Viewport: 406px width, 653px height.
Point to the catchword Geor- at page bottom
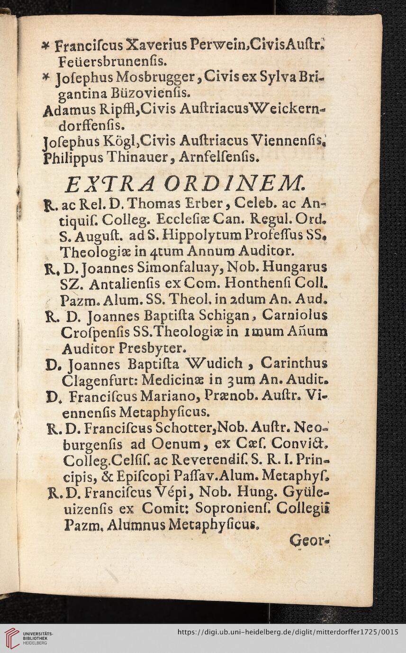point(308,539)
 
